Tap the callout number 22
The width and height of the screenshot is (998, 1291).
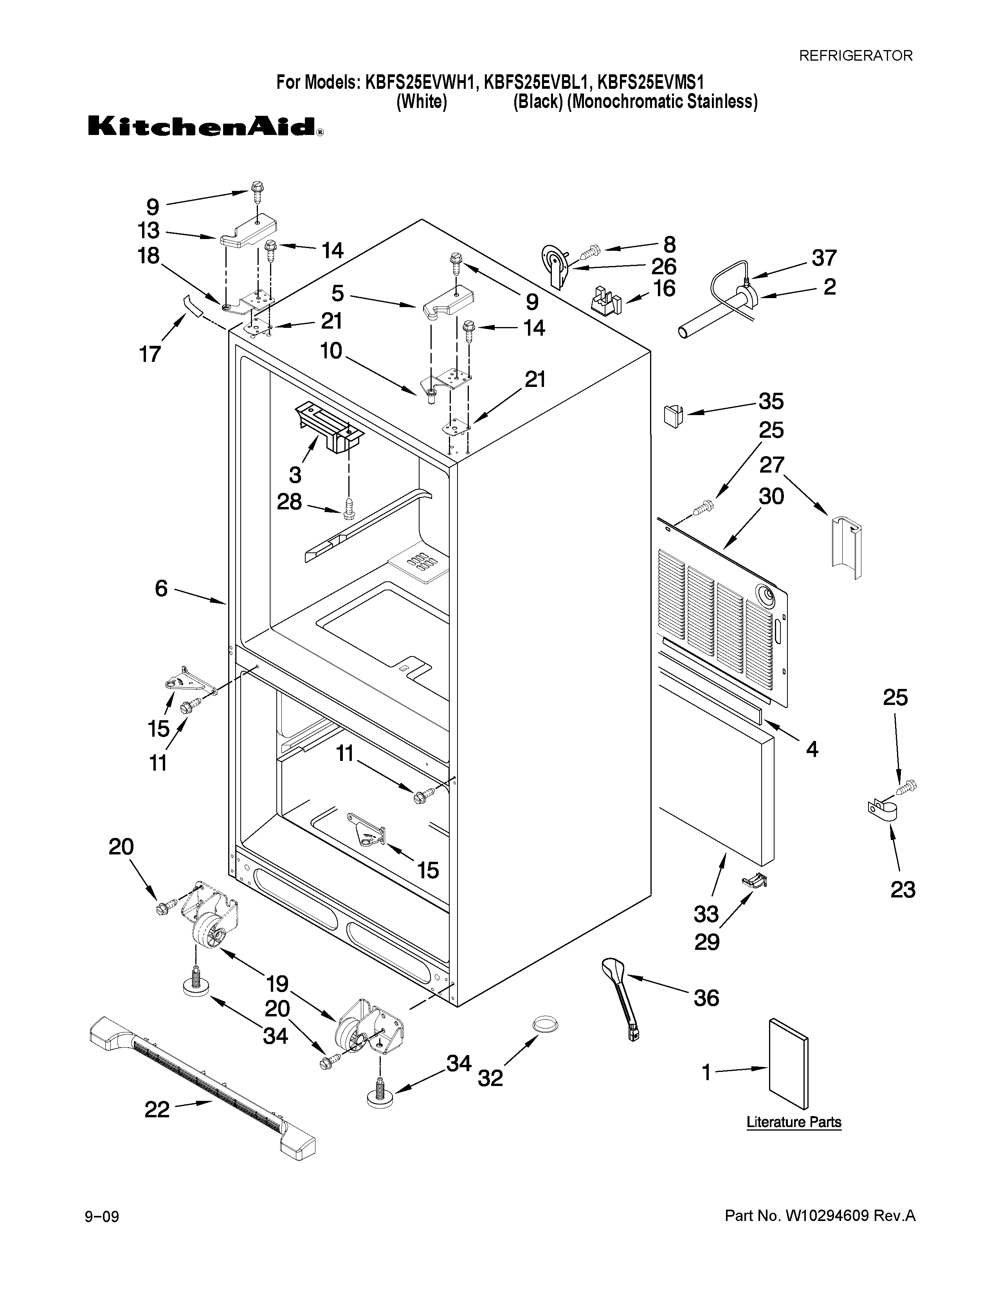pyautogui.click(x=157, y=1109)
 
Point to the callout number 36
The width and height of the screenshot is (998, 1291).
pyautogui.click(x=706, y=998)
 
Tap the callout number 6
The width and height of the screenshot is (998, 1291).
pyautogui.click(x=161, y=588)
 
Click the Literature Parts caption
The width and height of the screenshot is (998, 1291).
pyautogui.click(x=793, y=1122)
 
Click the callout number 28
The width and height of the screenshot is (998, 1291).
pyautogui.click(x=289, y=502)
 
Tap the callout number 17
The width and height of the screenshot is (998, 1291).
pyautogui.click(x=150, y=354)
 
